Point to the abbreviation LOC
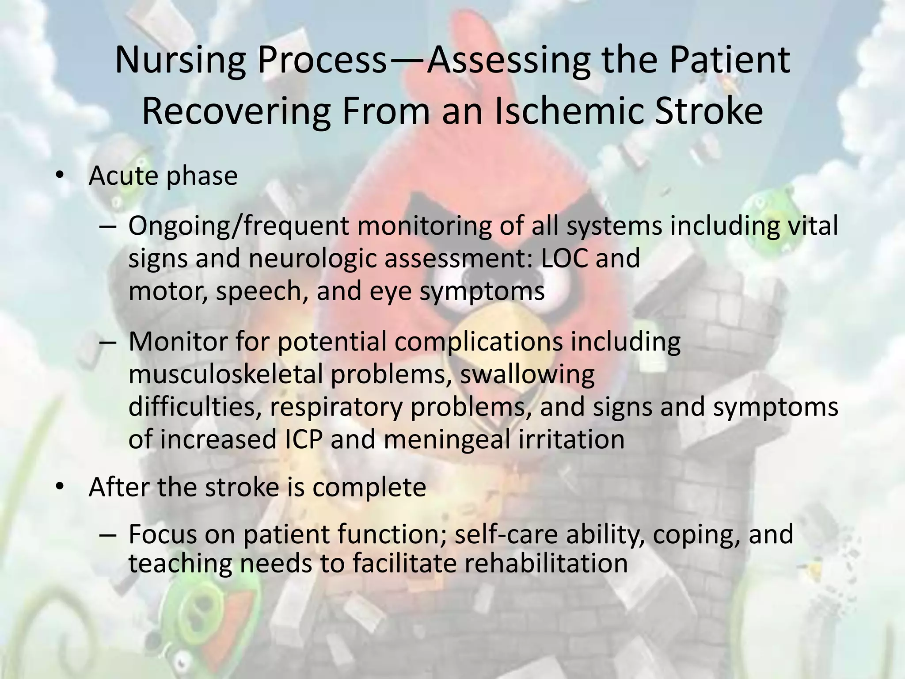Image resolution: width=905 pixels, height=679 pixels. (x=564, y=258)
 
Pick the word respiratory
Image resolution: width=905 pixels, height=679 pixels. (x=335, y=407)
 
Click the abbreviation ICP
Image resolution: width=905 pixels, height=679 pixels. (x=301, y=439)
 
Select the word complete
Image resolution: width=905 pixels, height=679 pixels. (x=369, y=487)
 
